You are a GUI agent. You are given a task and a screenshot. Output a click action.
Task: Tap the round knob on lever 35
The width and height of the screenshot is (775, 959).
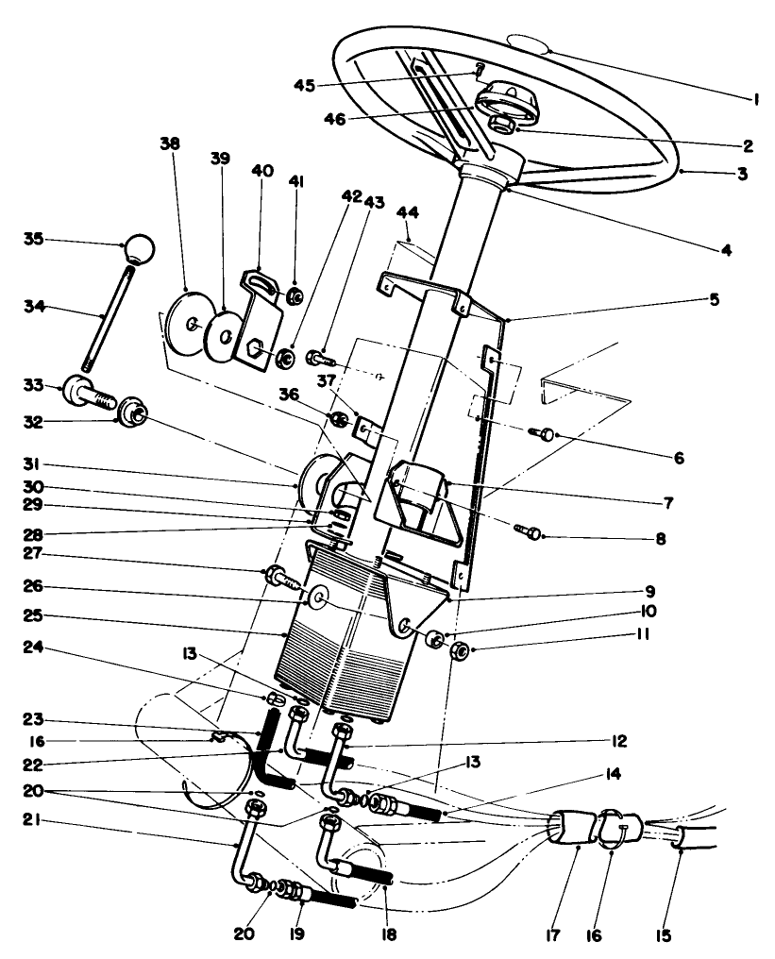coord(140,249)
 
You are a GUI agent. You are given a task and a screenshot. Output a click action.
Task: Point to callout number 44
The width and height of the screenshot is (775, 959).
coord(413,215)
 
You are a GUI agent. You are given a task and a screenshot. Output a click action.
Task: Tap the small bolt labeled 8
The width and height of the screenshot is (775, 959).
coord(529,532)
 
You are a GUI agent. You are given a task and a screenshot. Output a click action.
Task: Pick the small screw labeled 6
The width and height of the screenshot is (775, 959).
coord(546,433)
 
